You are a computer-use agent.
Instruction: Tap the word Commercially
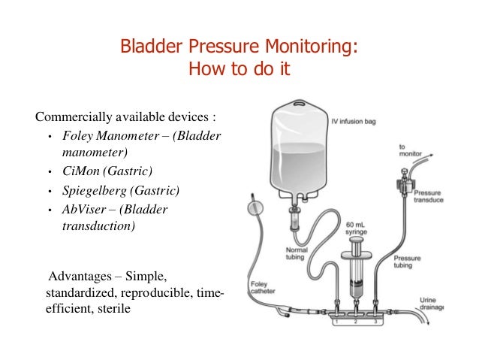(x=72, y=117)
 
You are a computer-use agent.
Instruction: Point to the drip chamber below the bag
(x=294, y=225)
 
